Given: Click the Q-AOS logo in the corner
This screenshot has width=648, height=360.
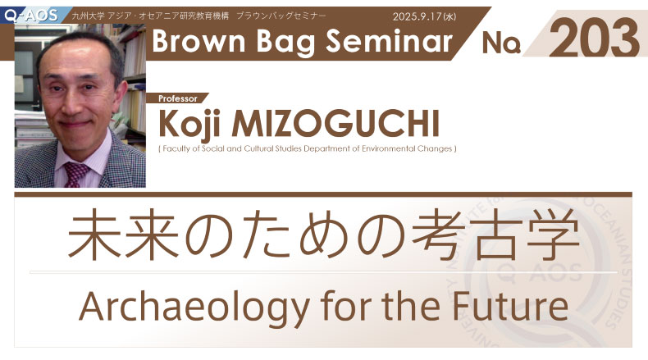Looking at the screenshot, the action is [x=31, y=16].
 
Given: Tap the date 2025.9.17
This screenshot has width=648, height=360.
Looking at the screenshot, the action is [x=417, y=16].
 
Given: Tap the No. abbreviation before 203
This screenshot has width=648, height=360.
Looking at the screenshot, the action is [x=501, y=43].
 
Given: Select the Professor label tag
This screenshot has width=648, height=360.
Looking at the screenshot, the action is [x=178, y=98].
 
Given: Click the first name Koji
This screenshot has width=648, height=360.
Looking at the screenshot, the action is [x=189, y=124].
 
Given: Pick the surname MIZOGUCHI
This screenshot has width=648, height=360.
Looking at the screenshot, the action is [x=335, y=124].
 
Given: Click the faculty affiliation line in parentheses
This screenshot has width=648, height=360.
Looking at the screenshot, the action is [x=307, y=148].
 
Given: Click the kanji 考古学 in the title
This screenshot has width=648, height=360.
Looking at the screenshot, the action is [x=496, y=234].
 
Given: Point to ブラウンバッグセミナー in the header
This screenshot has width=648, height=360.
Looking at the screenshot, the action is [x=281, y=16].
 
